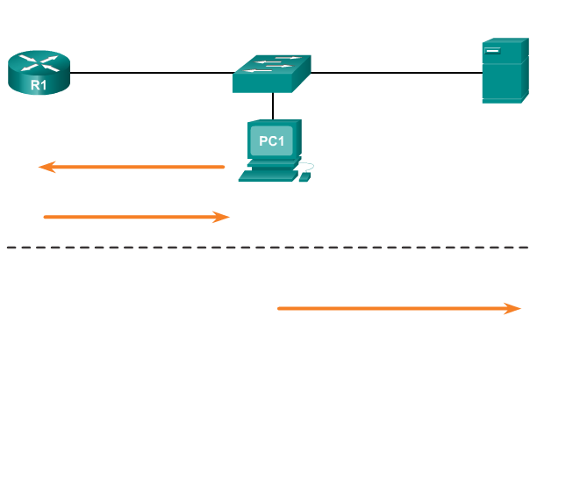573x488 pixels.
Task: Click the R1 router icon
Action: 39,72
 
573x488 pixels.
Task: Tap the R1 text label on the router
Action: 39,85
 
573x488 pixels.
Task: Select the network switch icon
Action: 271,74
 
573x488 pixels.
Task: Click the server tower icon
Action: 505,70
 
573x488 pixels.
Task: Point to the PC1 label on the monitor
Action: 272,141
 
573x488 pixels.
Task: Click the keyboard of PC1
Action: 268,176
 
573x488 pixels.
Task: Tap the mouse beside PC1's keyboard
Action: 304,177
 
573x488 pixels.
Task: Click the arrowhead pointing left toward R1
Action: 47,167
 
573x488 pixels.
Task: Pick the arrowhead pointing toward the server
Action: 513,308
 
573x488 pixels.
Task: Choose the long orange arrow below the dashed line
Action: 395,308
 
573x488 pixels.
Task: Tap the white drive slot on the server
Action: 492,51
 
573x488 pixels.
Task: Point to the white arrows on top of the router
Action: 39,61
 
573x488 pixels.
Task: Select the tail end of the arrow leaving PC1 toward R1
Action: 222,167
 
